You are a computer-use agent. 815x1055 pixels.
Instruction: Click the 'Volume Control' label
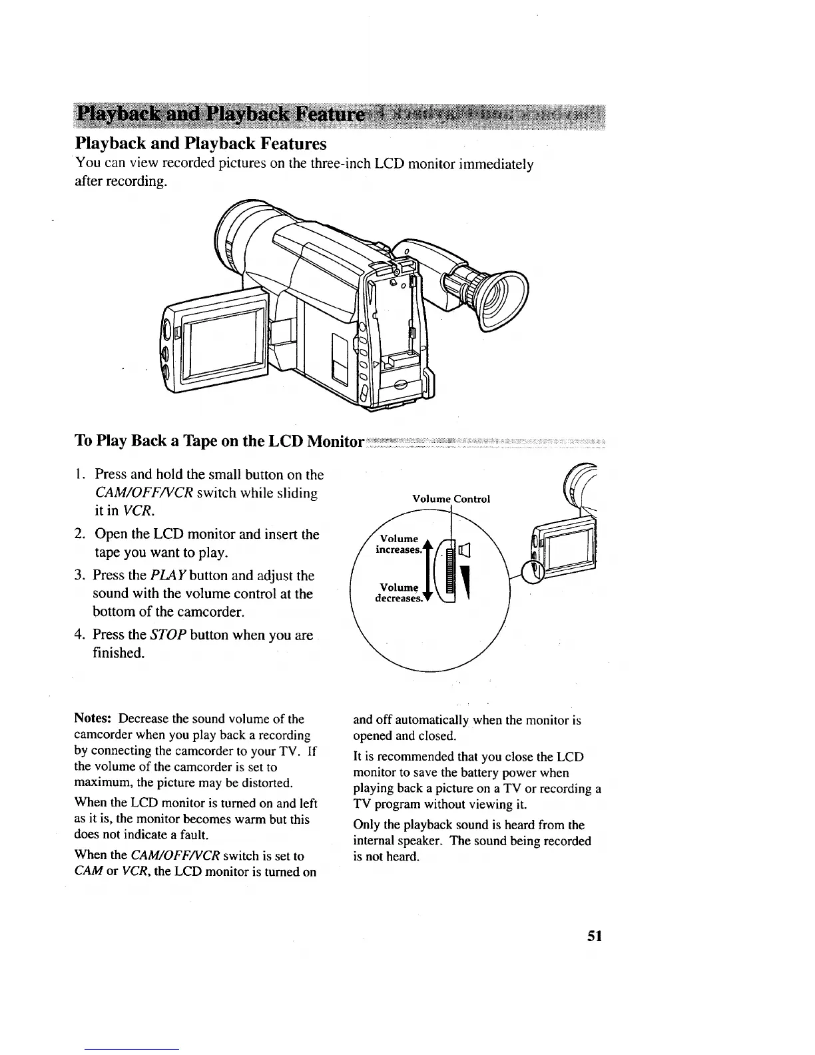click(451, 499)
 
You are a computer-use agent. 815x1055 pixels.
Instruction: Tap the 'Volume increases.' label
click(399, 544)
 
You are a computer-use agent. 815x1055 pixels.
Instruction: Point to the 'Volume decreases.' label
click(398, 593)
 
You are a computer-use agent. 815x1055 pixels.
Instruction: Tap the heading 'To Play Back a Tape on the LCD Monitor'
click(220, 442)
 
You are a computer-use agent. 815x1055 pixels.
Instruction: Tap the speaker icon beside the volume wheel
click(464, 550)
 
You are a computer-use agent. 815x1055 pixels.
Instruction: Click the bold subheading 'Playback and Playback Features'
click(200, 144)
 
